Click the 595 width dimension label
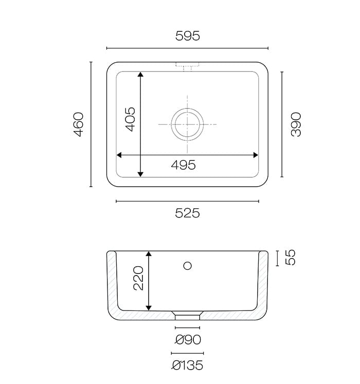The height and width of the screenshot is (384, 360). (x=188, y=36)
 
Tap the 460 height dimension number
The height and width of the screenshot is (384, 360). (x=79, y=124)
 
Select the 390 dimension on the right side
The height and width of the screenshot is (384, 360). (x=296, y=124)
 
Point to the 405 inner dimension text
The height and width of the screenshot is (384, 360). (x=130, y=119)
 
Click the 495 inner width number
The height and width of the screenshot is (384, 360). (x=183, y=165)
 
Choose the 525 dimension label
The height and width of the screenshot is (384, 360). (x=188, y=213)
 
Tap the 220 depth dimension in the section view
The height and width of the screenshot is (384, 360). (x=138, y=278)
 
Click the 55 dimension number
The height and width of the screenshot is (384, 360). (x=291, y=258)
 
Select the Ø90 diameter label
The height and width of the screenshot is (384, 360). (x=188, y=340)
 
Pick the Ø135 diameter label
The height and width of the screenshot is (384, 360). (x=187, y=365)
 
